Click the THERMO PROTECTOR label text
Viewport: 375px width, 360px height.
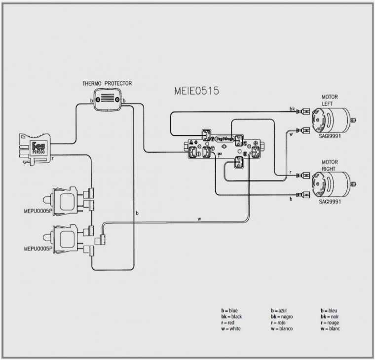pyautogui.click(x=107, y=84)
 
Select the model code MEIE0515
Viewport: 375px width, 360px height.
pyautogui.click(x=196, y=91)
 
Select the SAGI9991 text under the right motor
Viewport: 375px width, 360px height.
pyautogui.click(x=330, y=201)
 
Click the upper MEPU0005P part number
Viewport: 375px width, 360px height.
pyautogui.click(x=37, y=211)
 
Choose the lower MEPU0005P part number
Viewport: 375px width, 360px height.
pyautogui.click(x=37, y=249)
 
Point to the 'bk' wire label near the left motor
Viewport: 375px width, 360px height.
pyautogui.click(x=292, y=108)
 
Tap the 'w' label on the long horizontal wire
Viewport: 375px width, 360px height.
pyautogui.click(x=199, y=218)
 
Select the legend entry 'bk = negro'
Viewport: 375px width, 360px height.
pyautogui.click(x=282, y=317)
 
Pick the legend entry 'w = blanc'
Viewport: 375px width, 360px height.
pyautogui.click(x=330, y=329)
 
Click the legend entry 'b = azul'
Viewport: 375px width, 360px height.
pyautogui.click(x=279, y=311)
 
